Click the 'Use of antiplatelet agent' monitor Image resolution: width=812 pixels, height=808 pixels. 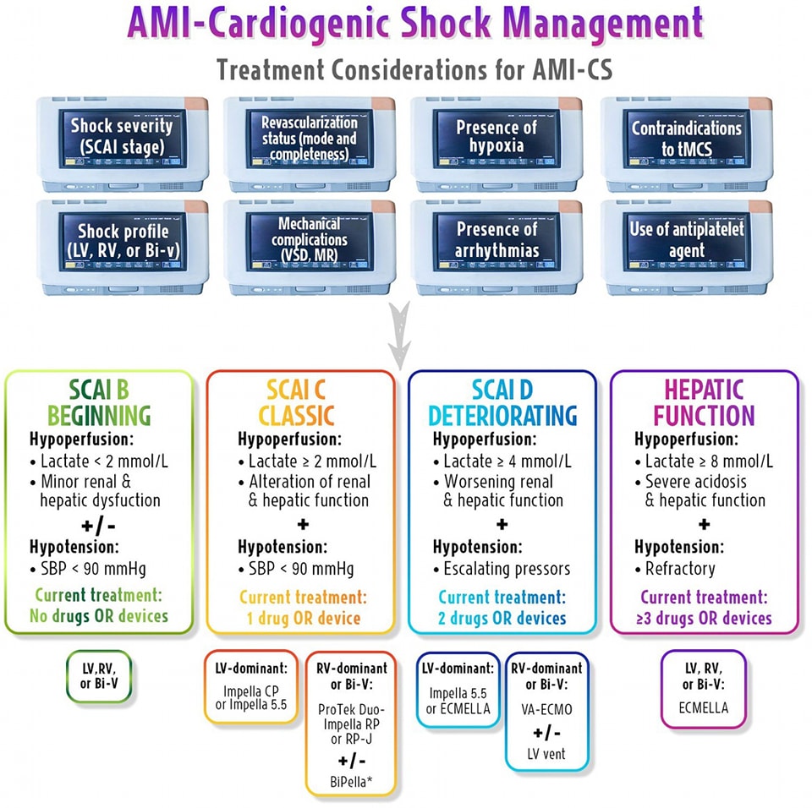coord(686,240)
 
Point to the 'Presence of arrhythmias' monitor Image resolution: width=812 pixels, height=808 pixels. coord(497,240)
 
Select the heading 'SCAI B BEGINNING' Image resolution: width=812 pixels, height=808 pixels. coord(99,403)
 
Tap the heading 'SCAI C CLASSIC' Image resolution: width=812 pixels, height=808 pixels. coord(300,403)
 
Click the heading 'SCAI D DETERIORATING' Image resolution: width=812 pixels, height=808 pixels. coord(502,403)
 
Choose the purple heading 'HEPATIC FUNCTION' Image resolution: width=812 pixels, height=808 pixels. coord(704,403)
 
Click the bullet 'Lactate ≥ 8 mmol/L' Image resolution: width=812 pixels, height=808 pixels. coord(704,461)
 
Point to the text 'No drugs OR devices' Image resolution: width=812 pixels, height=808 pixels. coord(99,616)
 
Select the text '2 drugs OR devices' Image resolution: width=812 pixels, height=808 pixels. coord(502,619)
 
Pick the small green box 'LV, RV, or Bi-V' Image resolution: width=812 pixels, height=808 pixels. coord(99,676)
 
